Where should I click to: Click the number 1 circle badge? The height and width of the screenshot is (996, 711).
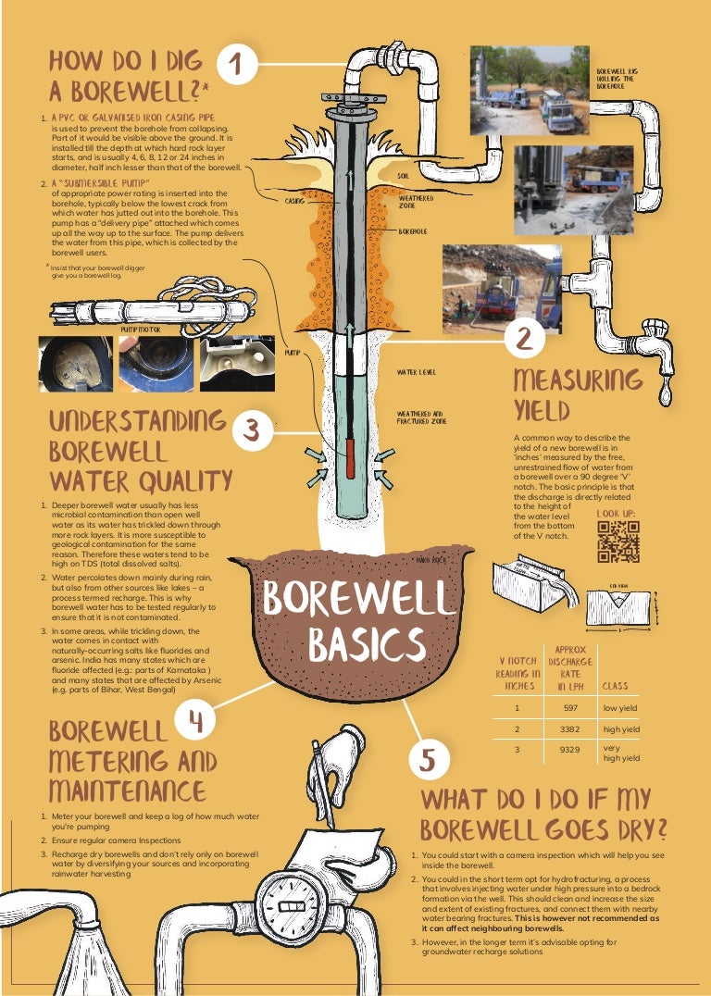236,65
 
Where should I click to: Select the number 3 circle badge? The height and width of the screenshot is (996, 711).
252,430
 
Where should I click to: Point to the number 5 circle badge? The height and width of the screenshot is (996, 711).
428,759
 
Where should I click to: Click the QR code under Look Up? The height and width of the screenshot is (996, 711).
618,542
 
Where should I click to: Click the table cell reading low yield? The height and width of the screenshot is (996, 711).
622,708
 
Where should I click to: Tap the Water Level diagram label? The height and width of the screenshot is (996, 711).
416,372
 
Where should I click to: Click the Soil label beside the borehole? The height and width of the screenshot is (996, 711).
404,174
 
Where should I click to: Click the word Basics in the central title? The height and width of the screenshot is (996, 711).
367,644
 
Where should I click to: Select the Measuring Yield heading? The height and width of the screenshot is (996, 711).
578,393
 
